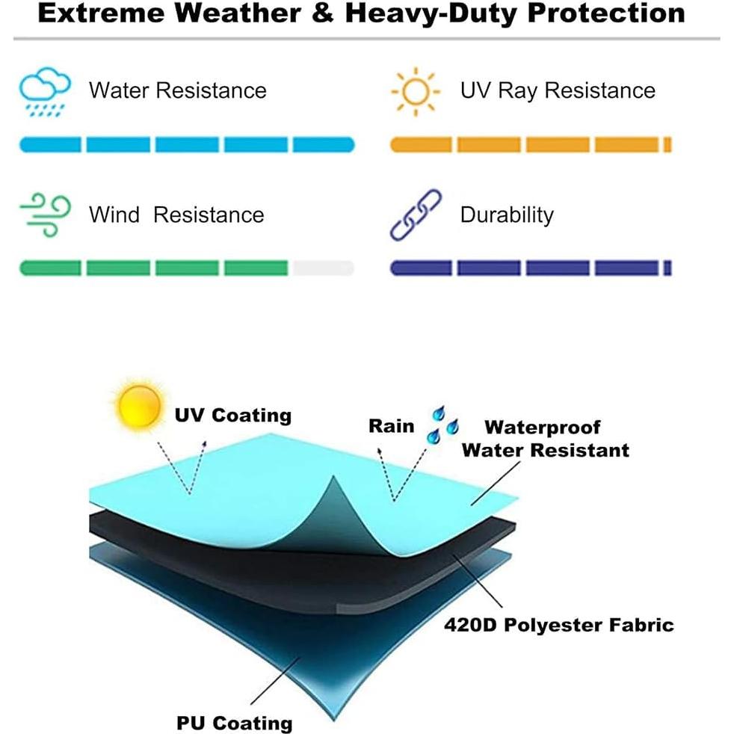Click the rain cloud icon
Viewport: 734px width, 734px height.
(44, 92)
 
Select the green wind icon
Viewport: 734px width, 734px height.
(44, 215)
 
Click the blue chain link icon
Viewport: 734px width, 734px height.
(416, 215)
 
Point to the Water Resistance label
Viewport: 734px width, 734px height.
(177, 91)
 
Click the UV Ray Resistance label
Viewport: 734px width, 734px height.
(558, 91)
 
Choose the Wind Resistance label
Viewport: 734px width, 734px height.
(176, 215)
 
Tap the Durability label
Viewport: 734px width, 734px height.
(507, 215)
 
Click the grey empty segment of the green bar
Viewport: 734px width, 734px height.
(322, 268)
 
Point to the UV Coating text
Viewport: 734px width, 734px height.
(232, 416)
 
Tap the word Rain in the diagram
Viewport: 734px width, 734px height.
(391, 426)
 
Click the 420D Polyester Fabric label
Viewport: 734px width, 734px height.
(559, 625)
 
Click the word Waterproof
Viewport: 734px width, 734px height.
(543, 428)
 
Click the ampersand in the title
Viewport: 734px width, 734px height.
(322, 14)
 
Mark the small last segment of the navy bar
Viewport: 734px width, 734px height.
(667, 268)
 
